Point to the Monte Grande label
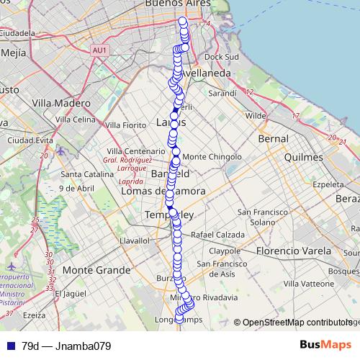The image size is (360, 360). coord(97,270)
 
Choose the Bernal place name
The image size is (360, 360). coord(273,138)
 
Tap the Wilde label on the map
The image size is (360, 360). coord(256,115)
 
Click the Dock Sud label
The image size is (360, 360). coord(221,56)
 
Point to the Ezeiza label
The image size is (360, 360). coord(34,315)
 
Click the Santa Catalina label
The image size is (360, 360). coord(84,174)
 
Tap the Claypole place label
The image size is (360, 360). coord(224,251)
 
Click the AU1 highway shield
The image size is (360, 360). coord(100,50)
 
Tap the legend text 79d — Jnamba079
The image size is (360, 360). coord(66,346)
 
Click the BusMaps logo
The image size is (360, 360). coord(325,345)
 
